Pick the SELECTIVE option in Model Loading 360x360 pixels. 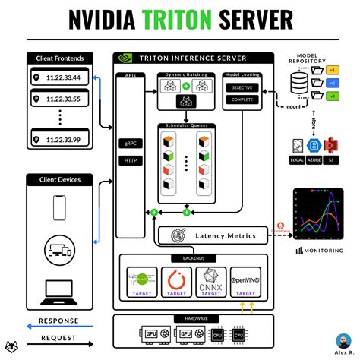[x=242, y=88]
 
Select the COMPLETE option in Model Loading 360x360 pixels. [x=242, y=99]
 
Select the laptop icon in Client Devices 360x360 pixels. [x=59, y=289]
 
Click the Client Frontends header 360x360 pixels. [x=59, y=58]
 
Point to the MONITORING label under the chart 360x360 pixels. [x=323, y=250]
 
